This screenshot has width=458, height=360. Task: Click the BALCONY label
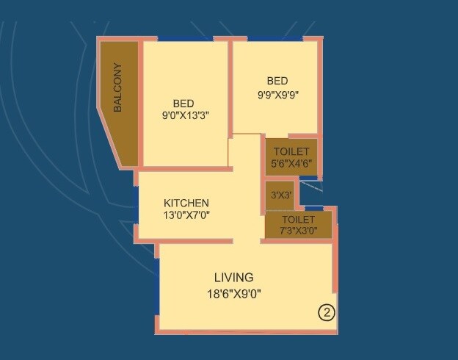[118, 87]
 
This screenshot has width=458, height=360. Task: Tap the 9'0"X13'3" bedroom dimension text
[186, 115]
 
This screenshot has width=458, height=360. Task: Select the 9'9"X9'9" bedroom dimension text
[277, 93]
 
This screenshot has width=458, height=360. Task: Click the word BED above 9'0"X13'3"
[183, 103]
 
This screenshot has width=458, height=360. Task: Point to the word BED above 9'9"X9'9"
[277, 81]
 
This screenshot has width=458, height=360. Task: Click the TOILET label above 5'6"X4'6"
[291, 151]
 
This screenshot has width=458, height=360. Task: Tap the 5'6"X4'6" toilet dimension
[291, 164]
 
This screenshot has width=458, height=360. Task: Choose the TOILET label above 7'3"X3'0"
[298, 220]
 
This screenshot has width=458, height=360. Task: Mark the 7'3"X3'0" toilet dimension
[298, 231]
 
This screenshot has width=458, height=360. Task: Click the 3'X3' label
[282, 195]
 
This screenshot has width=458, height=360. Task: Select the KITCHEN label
[186, 203]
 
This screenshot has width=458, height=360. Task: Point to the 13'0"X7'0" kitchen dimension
[186, 215]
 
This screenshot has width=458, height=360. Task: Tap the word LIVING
[233, 278]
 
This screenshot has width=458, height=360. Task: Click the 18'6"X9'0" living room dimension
[233, 293]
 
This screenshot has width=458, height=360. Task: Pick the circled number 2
[327, 312]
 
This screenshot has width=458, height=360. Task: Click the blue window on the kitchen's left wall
[136, 205]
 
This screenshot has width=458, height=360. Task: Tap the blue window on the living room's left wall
[156, 287]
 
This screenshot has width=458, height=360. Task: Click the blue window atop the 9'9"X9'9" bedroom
[275, 38]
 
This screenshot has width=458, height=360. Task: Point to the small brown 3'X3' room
[278, 196]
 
